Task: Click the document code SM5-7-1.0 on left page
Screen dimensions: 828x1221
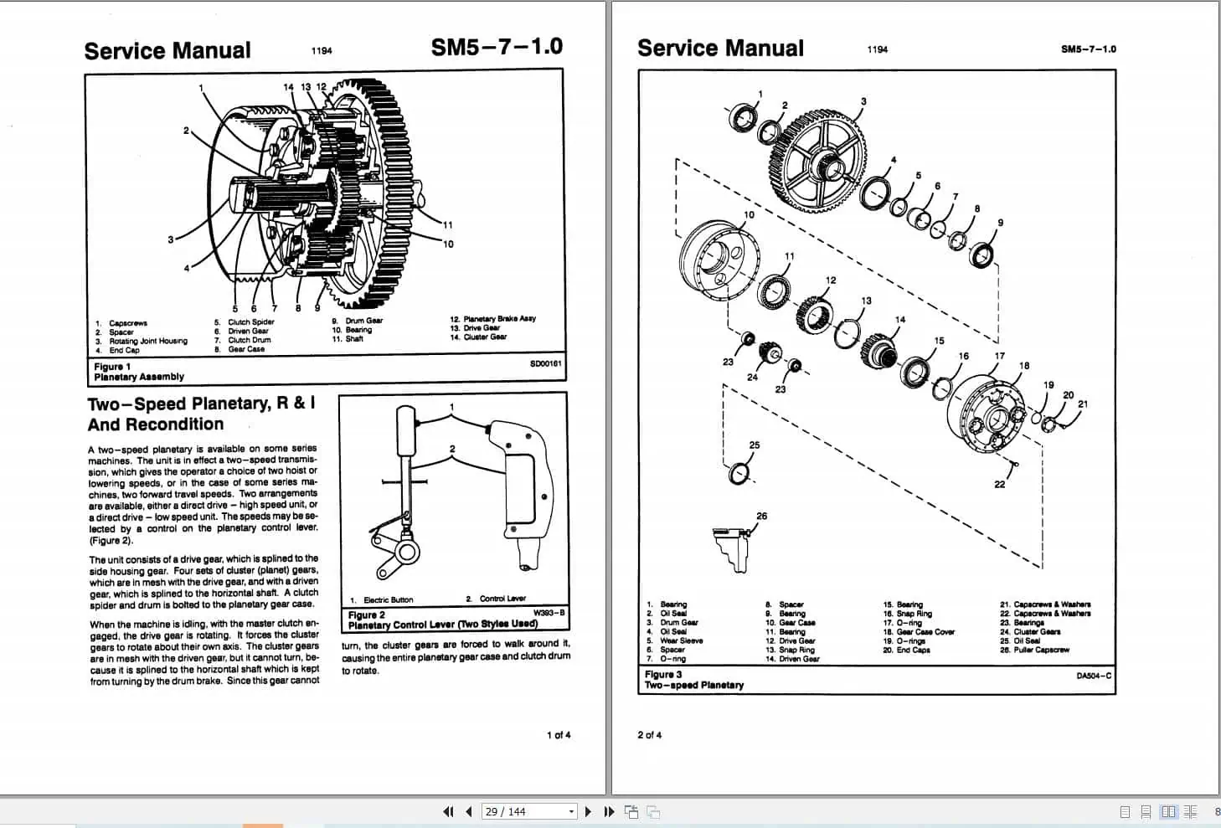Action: pyautogui.click(x=497, y=47)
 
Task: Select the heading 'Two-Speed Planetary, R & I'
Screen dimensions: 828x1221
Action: pyautogui.click(x=201, y=404)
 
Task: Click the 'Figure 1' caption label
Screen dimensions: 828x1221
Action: pyautogui.click(x=112, y=367)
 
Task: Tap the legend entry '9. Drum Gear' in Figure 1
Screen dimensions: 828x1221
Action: pyautogui.click(x=358, y=321)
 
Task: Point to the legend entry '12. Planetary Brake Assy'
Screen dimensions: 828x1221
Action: pyautogui.click(x=492, y=319)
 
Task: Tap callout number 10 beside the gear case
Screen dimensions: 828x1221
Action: pyautogui.click(x=749, y=215)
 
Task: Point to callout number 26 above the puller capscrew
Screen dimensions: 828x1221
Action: pyautogui.click(x=761, y=516)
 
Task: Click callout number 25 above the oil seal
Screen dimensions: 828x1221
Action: pyautogui.click(x=755, y=445)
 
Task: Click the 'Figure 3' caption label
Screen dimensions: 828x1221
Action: pyautogui.click(x=663, y=674)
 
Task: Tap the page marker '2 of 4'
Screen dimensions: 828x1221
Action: pyautogui.click(x=649, y=735)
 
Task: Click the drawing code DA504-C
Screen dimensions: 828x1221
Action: pyautogui.click(x=1094, y=676)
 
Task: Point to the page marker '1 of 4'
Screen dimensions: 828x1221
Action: pyautogui.click(x=559, y=735)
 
